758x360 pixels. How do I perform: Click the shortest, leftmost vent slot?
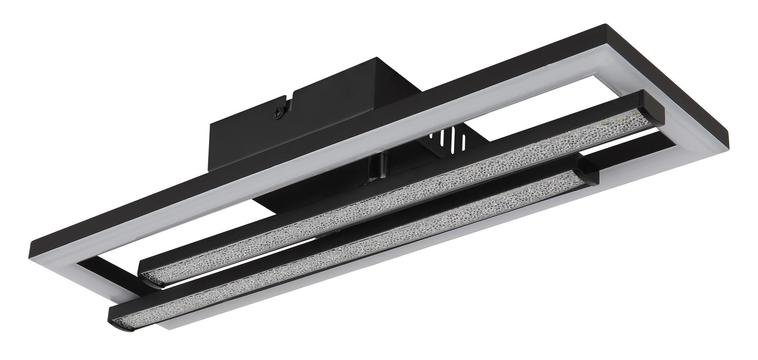click(x=431, y=137)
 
